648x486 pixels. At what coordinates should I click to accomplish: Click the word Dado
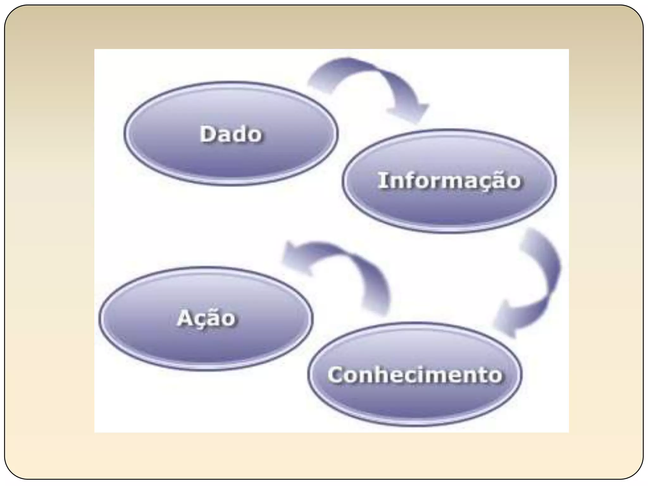coord(231,134)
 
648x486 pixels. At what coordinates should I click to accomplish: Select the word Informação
coord(449,181)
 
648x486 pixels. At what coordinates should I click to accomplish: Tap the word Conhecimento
coord(414,375)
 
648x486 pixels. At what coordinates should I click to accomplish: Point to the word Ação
coord(206,318)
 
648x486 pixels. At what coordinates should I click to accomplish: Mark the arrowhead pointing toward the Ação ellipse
coord(294,256)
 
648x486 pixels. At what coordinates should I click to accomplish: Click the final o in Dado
coord(255,135)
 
